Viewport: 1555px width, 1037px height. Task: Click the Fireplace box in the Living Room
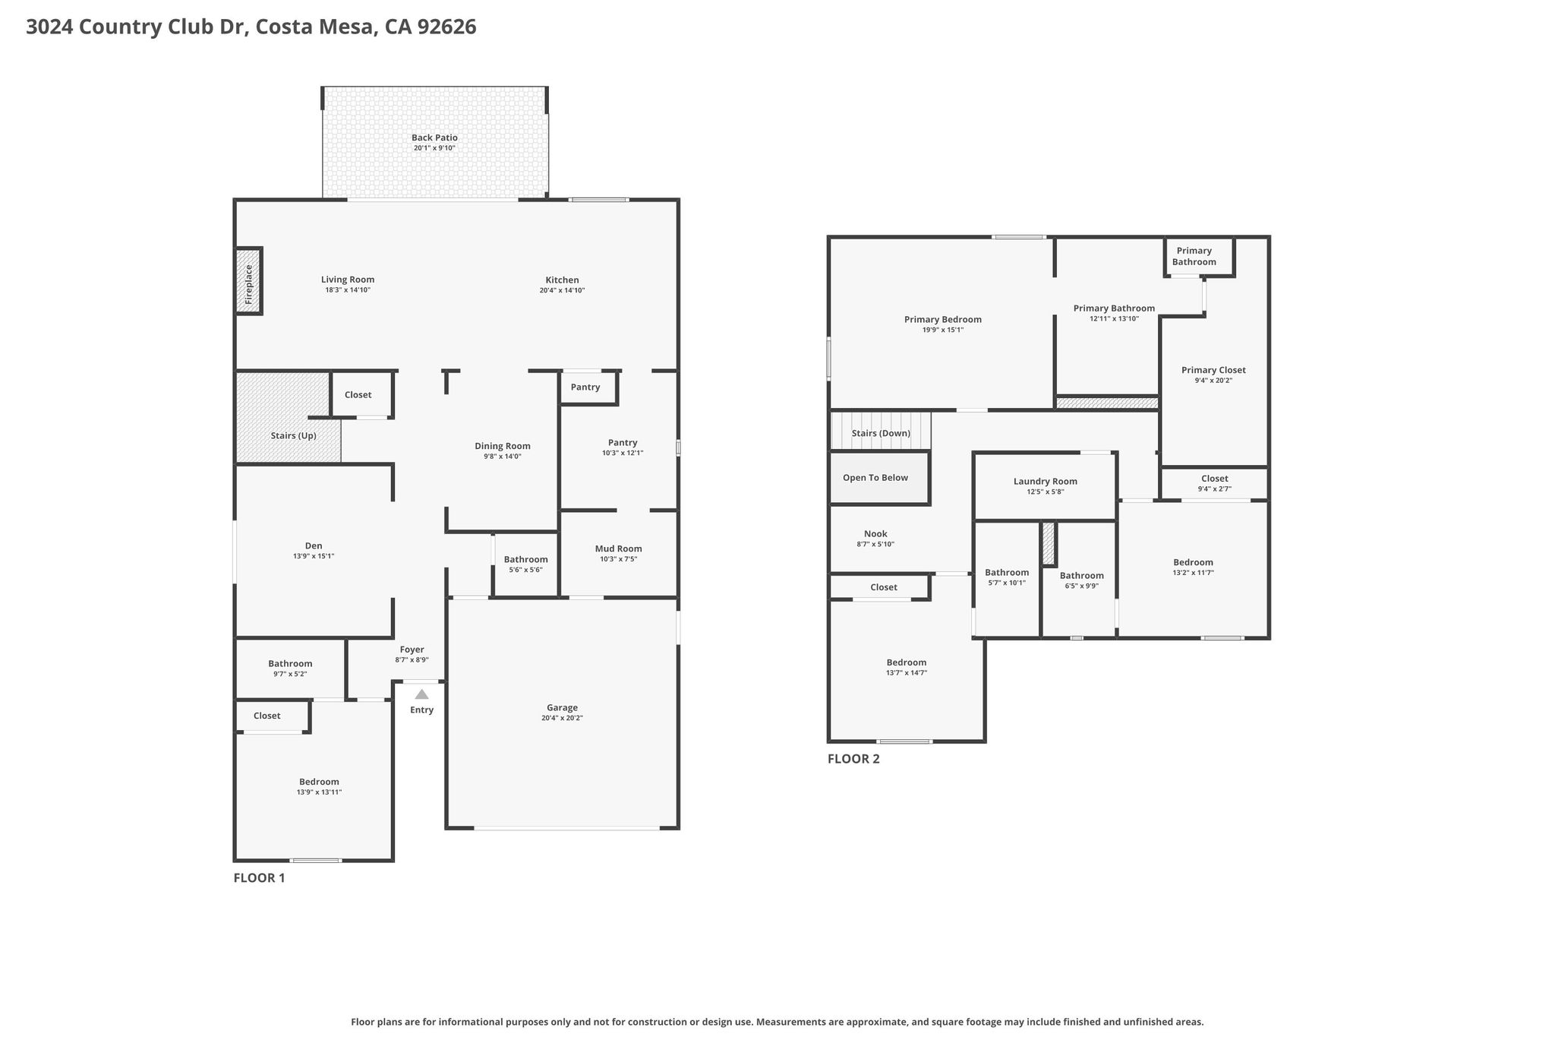[248, 281]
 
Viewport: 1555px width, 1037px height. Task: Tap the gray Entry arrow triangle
[421, 694]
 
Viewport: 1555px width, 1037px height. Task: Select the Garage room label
[562, 707]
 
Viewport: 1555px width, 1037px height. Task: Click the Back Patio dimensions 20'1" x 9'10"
[434, 147]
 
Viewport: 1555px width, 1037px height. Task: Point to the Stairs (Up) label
[294, 435]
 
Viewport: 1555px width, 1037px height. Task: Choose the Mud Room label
[619, 549]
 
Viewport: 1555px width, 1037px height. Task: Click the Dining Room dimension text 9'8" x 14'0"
[503, 457]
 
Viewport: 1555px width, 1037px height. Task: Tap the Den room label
[314, 545]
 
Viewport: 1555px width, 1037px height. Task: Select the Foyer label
[412, 650]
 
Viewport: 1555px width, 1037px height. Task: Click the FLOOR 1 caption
[259, 878]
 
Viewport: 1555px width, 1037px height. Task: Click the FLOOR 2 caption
[853, 758]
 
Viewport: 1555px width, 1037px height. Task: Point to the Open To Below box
[880, 478]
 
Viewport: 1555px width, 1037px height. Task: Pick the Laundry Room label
[1046, 481]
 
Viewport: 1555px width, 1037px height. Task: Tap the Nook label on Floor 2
[875, 534]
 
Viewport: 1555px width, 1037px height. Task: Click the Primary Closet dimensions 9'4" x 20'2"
[1213, 381]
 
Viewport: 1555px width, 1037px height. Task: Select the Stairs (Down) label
[881, 433]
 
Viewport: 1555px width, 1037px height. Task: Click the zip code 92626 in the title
[447, 27]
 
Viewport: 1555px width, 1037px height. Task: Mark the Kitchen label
[562, 280]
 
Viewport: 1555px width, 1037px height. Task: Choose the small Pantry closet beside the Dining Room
[589, 387]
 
